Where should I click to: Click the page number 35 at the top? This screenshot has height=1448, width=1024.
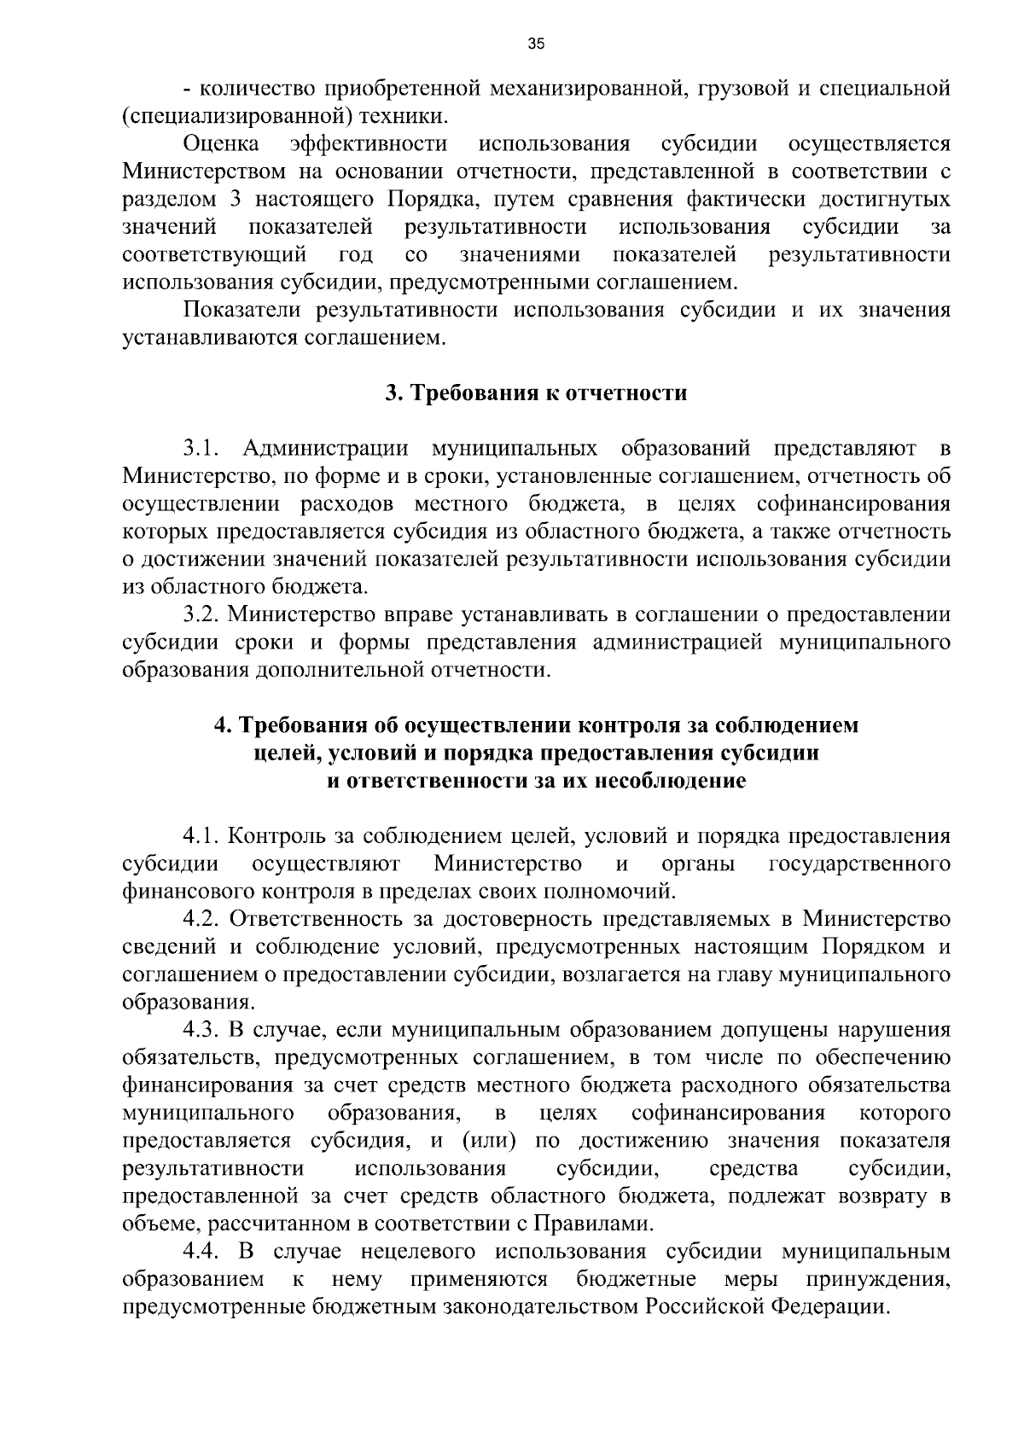tap(536, 44)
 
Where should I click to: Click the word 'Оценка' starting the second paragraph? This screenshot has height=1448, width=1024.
tap(221, 143)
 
